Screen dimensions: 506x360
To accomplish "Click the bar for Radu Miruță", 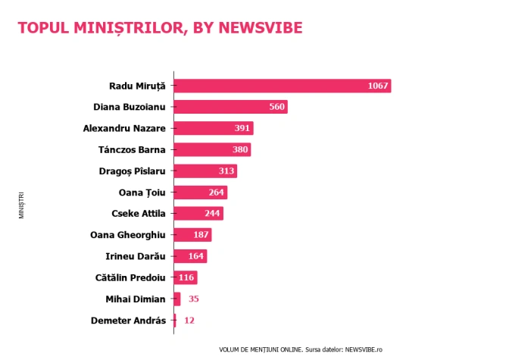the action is [x=283, y=86].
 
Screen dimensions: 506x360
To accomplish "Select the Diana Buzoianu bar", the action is [x=231, y=107].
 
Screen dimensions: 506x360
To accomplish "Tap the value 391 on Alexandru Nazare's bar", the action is [x=242, y=128].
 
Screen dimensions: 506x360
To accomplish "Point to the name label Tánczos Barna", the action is [x=132, y=150].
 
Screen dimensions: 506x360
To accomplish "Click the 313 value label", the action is [x=226, y=171].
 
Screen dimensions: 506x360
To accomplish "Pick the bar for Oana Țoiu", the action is [x=201, y=193].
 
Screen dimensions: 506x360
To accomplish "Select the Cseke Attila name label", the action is [x=139, y=214].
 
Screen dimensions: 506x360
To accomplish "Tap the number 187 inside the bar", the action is [x=201, y=235].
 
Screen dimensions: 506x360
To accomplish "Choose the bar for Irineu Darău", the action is [x=190, y=256].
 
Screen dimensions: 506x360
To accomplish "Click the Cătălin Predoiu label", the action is [x=130, y=277].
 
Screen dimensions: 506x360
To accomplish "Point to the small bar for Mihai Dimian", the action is [x=177, y=299].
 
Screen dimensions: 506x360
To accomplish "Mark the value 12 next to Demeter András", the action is [x=189, y=321].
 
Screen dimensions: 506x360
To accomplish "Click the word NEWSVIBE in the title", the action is [x=261, y=28].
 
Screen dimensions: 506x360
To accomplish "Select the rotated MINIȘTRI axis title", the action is [x=21, y=205].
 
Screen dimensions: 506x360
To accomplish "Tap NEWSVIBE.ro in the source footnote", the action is [x=364, y=349].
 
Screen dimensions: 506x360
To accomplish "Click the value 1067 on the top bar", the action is [x=378, y=86].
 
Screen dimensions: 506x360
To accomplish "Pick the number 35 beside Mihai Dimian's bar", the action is [x=194, y=299].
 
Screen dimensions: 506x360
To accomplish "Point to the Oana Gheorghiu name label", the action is [x=128, y=235].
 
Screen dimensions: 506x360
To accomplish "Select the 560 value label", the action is [x=277, y=107].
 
